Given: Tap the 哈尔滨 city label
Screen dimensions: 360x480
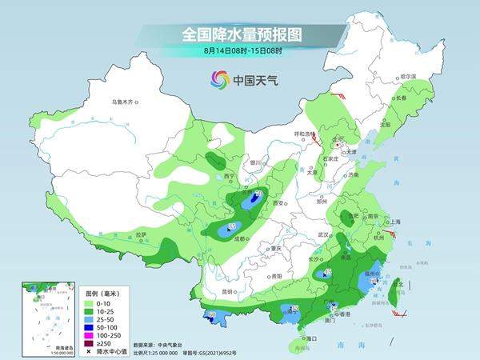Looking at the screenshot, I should point(408,76).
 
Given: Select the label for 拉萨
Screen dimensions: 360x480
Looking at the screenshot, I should point(141,234).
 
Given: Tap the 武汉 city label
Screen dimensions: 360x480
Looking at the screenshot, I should point(324,234).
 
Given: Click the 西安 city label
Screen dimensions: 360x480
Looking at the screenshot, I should point(278,203).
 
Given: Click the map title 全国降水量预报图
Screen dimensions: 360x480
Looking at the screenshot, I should point(243,34).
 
